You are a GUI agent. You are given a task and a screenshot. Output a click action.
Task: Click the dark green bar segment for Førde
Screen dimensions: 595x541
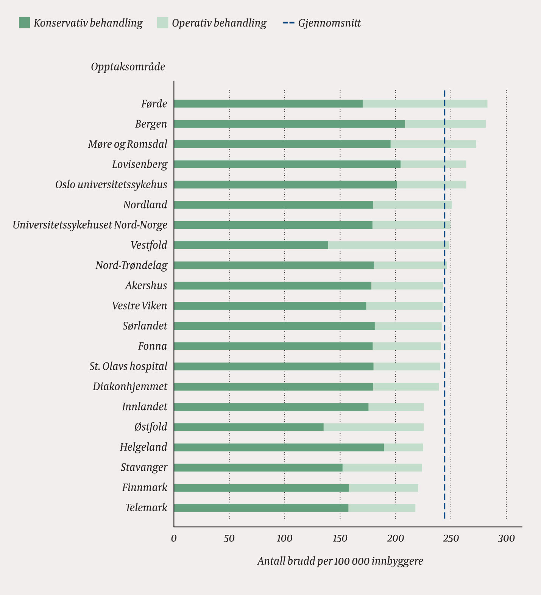[268, 104]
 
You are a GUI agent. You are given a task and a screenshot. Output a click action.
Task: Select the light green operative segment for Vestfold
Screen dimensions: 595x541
[388, 245]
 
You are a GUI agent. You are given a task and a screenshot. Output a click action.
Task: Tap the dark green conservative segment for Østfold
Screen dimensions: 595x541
[249, 427]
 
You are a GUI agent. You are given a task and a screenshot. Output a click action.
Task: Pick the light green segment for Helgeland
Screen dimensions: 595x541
[403, 447]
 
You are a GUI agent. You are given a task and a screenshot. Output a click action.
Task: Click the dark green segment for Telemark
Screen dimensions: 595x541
[261, 508]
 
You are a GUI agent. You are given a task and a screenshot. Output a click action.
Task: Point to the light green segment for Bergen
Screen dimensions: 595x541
[445, 124]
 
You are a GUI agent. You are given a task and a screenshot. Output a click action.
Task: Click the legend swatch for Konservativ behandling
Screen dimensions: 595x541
[24, 23]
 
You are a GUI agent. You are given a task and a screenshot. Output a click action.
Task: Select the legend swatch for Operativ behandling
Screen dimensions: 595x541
[162, 23]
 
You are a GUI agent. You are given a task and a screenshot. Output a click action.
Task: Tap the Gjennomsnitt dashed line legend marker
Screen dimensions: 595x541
[288, 23]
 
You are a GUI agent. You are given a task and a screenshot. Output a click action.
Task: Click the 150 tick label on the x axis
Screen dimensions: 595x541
[340, 538]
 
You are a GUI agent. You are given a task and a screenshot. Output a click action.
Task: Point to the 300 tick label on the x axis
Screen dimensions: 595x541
[506, 538]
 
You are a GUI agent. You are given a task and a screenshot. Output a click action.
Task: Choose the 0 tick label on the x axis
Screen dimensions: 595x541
[174, 538]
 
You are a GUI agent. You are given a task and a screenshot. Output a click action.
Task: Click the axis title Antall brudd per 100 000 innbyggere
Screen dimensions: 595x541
[340, 561]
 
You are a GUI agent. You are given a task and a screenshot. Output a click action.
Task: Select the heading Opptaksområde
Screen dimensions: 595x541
[128, 67]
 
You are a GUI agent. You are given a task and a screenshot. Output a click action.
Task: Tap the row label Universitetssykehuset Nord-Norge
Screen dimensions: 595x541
[90, 225]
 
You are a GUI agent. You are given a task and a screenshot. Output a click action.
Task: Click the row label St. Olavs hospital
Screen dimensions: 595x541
[128, 367]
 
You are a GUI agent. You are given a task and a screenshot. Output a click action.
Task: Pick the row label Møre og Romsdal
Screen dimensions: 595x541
[128, 144]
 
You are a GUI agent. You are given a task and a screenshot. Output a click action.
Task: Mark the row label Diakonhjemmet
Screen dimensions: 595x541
[130, 387]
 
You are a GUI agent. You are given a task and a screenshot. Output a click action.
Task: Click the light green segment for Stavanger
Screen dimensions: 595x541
[382, 467]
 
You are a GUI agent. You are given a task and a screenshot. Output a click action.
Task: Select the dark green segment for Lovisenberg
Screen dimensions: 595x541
[287, 164]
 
